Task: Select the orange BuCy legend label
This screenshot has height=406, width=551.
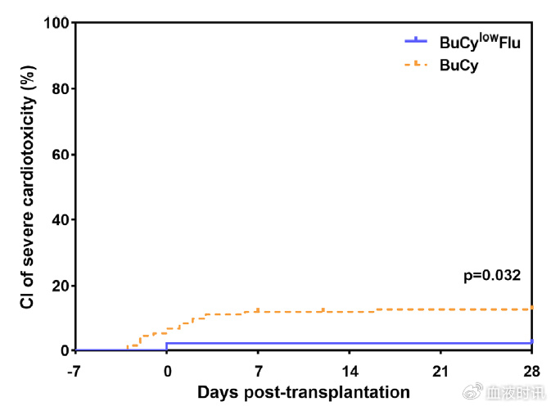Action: click(458, 66)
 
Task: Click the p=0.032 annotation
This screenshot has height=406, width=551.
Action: click(492, 276)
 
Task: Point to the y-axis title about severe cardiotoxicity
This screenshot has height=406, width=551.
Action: click(27, 187)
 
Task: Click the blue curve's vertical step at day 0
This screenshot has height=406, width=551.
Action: click(167, 347)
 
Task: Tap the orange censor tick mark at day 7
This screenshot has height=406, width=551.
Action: click(258, 309)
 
